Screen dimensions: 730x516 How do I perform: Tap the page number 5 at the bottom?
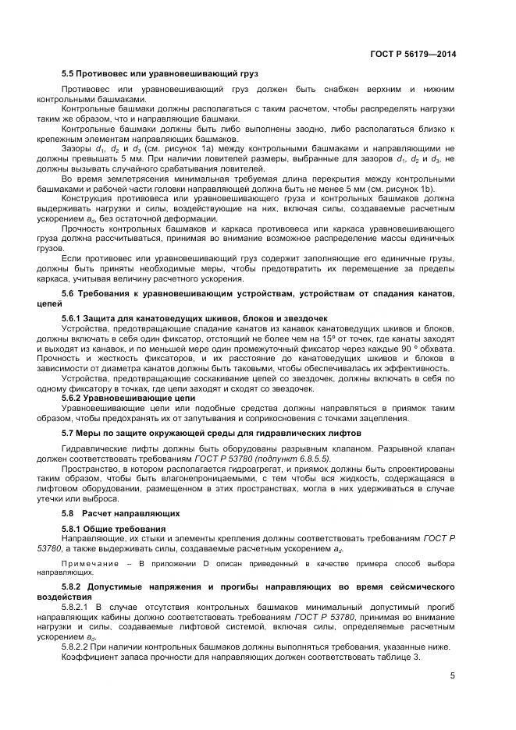(453, 675)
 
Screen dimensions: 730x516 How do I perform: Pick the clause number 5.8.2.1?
(78, 604)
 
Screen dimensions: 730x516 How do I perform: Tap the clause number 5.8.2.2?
(78, 647)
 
